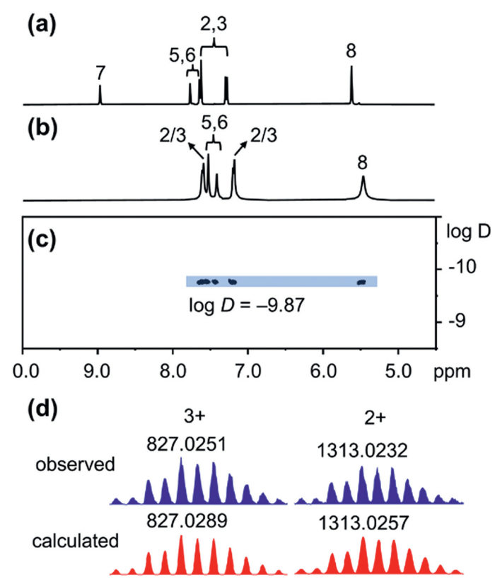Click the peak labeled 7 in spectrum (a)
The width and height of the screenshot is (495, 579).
click(x=100, y=93)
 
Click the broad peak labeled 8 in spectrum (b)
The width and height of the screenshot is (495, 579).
click(x=363, y=187)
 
